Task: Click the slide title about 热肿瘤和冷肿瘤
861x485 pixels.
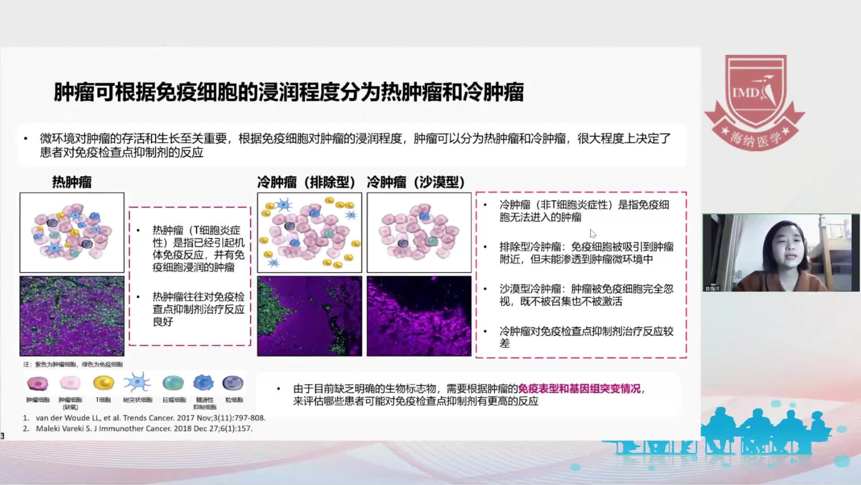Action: pos(288,93)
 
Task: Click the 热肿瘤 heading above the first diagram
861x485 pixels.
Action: pos(72,182)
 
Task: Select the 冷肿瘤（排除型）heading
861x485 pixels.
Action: pos(307,182)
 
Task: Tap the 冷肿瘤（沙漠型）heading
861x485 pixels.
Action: pos(416,182)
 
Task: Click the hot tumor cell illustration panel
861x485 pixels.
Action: pos(72,233)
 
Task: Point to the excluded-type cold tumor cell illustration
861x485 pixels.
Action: pos(309,233)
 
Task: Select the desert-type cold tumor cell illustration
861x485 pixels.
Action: pos(419,233)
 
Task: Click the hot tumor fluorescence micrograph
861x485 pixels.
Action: pos(72,316)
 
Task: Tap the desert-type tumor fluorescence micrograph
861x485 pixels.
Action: pos(419,316)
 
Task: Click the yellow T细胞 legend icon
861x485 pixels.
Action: pos(104,383)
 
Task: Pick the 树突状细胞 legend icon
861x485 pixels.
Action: pos(137,383)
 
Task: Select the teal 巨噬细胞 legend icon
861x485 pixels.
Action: pos(174,383)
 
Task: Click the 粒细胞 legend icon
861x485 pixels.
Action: pos(233,383)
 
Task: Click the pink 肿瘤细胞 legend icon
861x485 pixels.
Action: pos(38,383)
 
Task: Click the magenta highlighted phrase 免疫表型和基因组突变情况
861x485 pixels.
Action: pos(579,388)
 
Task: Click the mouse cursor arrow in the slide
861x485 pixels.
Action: pos(593,234)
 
